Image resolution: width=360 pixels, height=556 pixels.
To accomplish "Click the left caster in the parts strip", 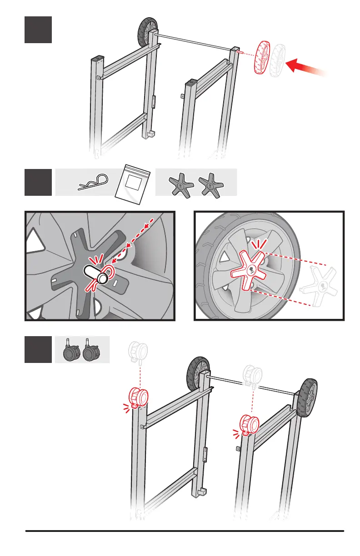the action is tap(70, 351).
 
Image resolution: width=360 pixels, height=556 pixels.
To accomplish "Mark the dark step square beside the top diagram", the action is tap(38, 30).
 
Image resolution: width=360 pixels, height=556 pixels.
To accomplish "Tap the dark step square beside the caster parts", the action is tap(38, 349).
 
